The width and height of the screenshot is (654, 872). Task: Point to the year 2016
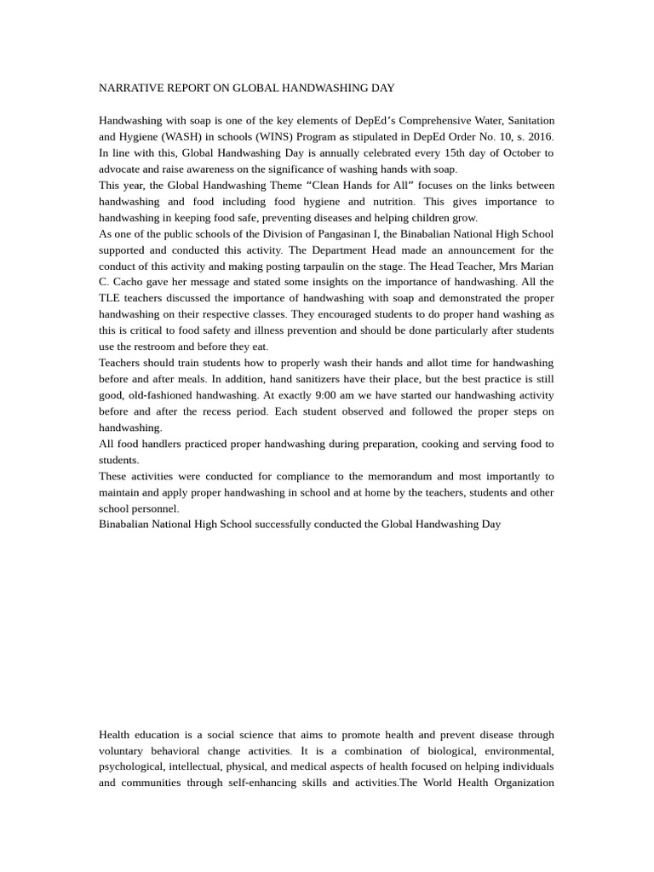[x=538, y=136]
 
